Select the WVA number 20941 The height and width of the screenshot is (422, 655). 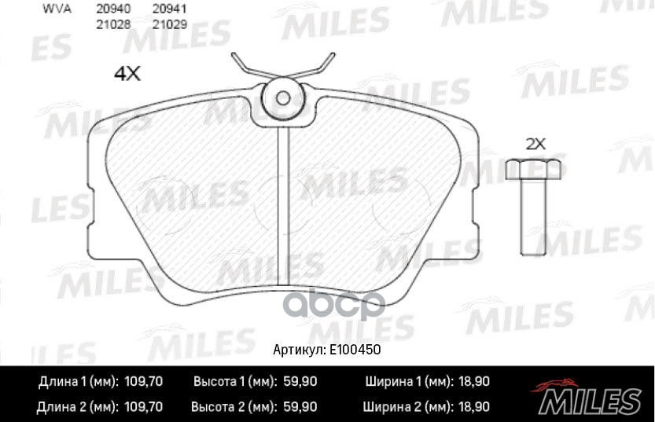click(168, 10)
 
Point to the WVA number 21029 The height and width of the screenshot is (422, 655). click(168, 24)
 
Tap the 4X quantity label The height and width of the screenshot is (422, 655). click(127, 74)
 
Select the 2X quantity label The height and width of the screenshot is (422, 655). click(535, 144)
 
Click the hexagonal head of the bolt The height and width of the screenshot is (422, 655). click(535, 168)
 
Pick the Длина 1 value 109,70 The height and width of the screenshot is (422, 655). click(143, 382)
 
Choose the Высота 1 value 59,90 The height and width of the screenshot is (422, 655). click(299, 382)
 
